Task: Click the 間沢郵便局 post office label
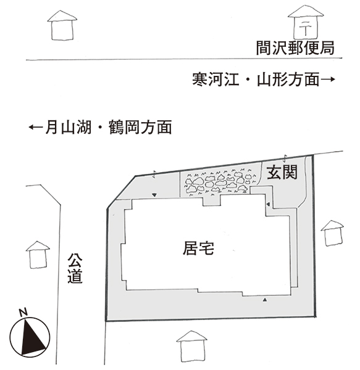pyautogui.click(x=295, y=48)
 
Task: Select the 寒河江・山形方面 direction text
pyautogui.click(x=256, y=80)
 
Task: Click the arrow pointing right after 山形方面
pyautogui.click(x=328, y=80)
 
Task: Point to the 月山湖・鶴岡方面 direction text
pyautogui.click(x=109, y=127)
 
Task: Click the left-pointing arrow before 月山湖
pyautogui.click(x=36, y=128)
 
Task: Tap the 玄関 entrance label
pyautogui.click(x=282, y=172)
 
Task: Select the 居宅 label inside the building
pyautogui.click(x=198, y=249)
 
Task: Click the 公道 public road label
pyautogui.click(x=75, y=268)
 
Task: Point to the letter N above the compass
pyautogui.click(x=23, y=313)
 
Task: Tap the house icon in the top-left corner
pyautogui.click(x=62, y=25)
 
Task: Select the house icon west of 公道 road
pyautogui.click(x=38, y=255)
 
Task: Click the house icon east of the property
pyautogui.click(x=332, y=233)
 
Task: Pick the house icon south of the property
pyautogui.click(x=192, y=347)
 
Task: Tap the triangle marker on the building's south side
pyautogui.click(x=265, y=300)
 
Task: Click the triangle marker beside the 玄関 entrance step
pyautogui.click(x=268, y=204)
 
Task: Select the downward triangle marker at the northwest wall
pyautogui.click(x=154, y=195)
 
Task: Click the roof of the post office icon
pyautogui.click(x=306, y=11)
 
